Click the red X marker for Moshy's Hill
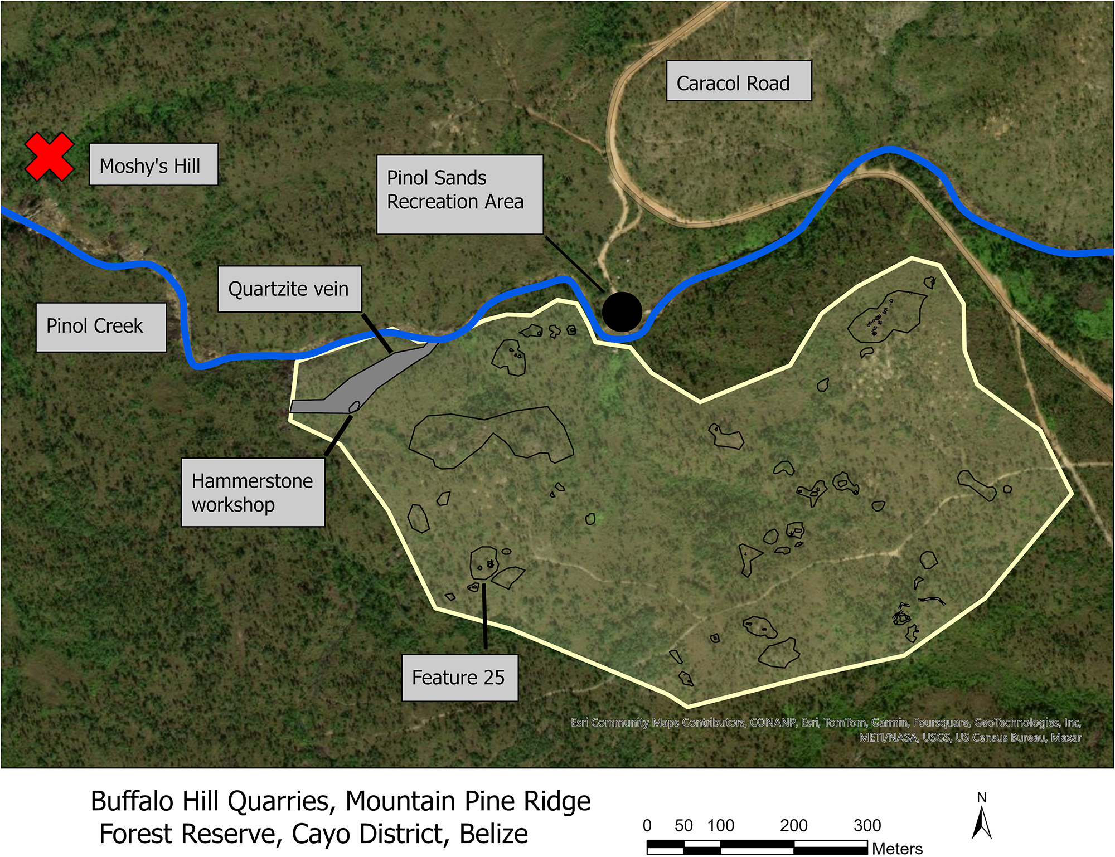pyautogui.click(x=49, y=157)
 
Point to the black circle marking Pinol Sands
pyautogui.click(x=622, y=312)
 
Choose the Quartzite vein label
pyautogui.click(x=289, y=289)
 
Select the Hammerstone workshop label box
pyautogui.click(x=253, y=492)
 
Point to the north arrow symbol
pyautogui.click(x=982, y=822)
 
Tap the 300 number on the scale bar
pyautogui.click(x=867, y=825)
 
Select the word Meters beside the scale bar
pyautogui.click(x=897, y=848)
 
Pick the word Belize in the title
pyautogui.click(x=493, y=834)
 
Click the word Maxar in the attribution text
pyautogui.click(x=1066, y=737)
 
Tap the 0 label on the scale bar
pyautogui.click(x=647, y=825)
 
